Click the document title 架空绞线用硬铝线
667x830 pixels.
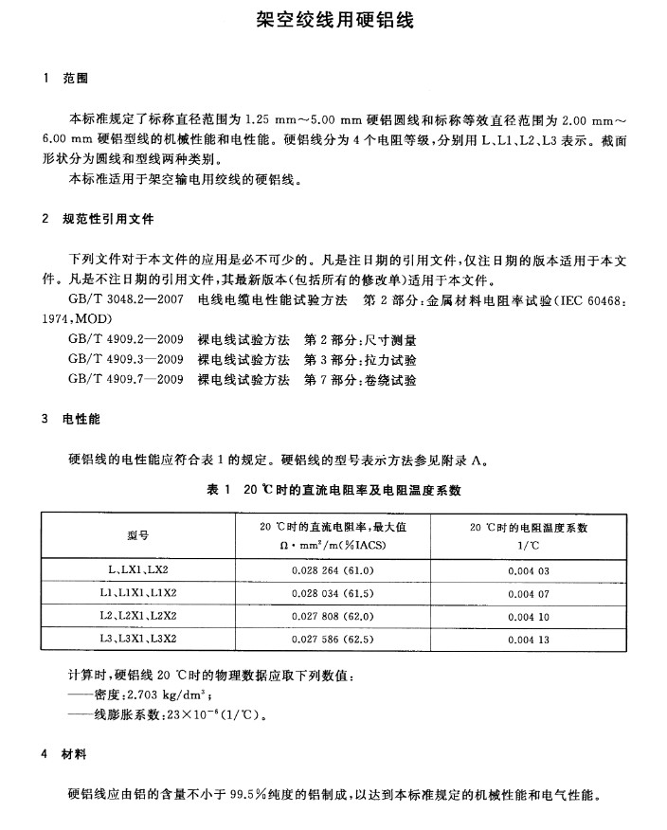(x=334, y=19)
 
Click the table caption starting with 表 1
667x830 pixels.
(x=333, y=490)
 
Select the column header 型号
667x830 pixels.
(x=138, y=535)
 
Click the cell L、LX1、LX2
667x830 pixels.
(x=138, y=569)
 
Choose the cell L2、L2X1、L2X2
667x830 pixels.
(x=138, y=616)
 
